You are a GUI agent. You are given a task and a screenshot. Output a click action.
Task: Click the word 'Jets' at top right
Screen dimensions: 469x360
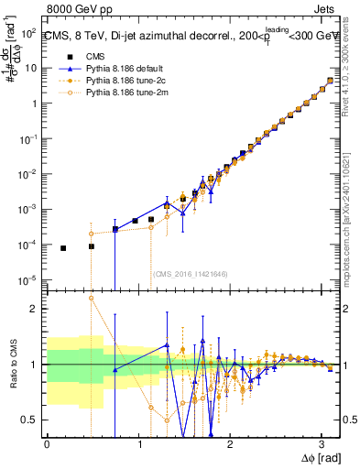(x=324, y=8)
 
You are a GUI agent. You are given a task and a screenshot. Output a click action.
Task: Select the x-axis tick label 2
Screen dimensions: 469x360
(x=230, y=442)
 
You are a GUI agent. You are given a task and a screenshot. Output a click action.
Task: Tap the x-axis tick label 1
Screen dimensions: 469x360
(x=138, y=442)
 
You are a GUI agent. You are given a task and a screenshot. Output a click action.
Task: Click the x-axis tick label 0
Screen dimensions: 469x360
(x=47, y=442)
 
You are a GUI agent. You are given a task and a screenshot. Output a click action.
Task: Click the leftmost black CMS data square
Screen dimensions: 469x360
(x=63, y=248)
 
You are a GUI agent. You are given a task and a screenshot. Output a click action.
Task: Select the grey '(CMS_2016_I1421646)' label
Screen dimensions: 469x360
(x=191, y=272)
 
